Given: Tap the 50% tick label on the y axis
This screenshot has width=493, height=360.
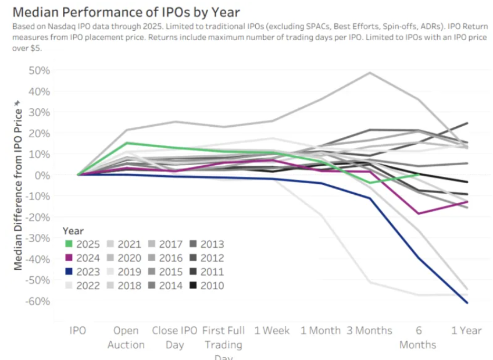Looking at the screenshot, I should point(39,70).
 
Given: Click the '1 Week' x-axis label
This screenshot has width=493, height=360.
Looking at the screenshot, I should point(271,330).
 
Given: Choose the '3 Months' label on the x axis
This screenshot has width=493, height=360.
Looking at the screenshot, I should point(369,330).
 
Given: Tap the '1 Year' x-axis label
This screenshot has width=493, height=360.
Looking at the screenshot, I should point(466,330).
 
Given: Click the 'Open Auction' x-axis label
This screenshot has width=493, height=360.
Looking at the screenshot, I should point(126,337).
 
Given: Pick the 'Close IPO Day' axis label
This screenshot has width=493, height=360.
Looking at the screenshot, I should point(174,337).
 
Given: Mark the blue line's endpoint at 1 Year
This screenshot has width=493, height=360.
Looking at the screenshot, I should point(466,303).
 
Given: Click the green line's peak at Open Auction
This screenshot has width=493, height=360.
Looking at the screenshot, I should point(126,142).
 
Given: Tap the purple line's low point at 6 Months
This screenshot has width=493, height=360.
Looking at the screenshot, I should point(417,213).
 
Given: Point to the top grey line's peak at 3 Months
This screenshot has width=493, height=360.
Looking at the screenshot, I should point(369,73).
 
